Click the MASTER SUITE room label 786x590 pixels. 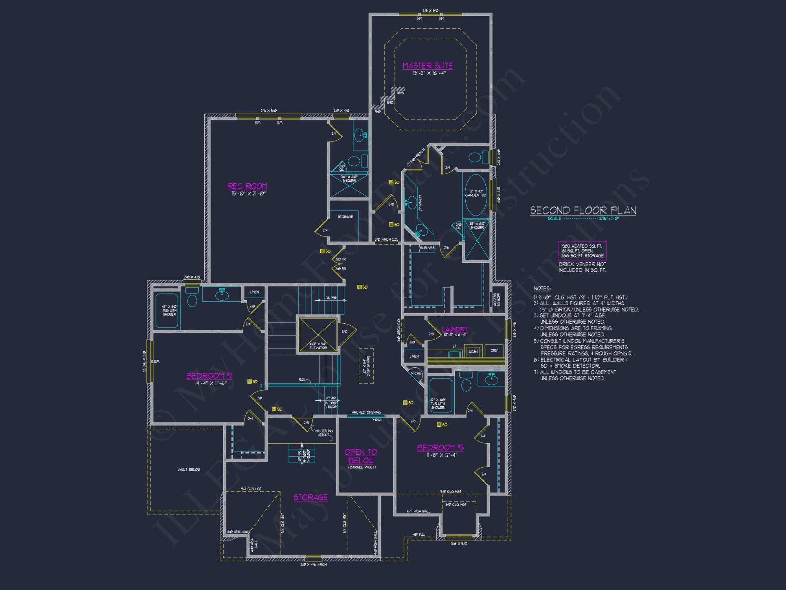tap(428, 66)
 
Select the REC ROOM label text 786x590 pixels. tap(247, 186)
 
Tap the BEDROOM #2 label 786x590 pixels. tap(209, 376)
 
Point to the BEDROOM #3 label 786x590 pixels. tap(440, 448)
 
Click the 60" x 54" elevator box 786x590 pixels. tap(318, 334)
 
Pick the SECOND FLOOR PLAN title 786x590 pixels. tap(583, 210)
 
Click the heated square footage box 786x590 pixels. tap(582, 251)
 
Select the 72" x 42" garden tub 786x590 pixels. tap(476, 195)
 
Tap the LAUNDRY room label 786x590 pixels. tap(455, 329)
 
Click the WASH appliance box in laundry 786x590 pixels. tap(473, 351)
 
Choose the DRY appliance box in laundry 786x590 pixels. tap(494, 350)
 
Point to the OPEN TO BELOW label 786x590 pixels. tap(361, 456)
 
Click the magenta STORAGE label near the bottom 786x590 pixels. tap(310, 497)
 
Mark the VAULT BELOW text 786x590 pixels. tap(189, 470)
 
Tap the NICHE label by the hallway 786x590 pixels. tap(416, 373)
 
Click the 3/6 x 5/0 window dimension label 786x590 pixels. tap(459, 544)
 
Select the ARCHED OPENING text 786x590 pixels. tap(366, 412)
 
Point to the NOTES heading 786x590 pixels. tap(542, 289)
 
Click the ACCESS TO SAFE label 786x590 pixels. tap(497, 300)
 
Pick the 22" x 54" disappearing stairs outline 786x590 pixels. tap(366, 366)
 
